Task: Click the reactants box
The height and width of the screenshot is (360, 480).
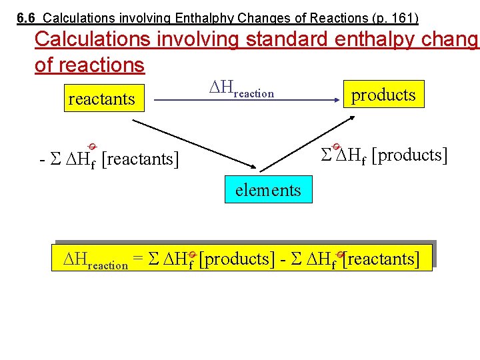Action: tap(101, 100)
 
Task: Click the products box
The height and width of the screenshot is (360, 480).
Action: tap(383, 95)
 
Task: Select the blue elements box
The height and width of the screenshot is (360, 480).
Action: tap(268, 191)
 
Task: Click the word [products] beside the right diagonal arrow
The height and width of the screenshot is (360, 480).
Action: tap(409, 155)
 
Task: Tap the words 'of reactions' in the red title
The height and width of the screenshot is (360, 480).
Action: tap(89, 65)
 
